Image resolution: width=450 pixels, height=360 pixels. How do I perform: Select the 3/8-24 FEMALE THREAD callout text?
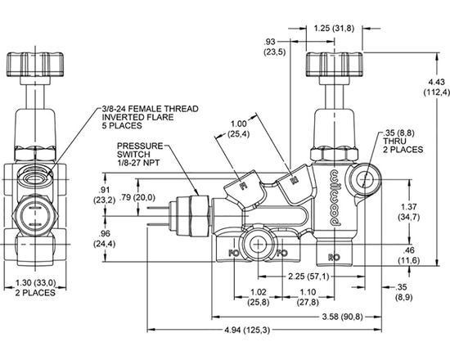(146, 115)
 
